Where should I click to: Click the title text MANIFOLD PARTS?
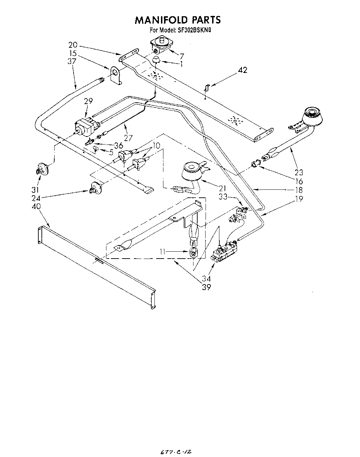coord(177,20)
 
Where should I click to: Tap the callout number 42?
coord(243,70)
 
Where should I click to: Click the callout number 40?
coord(36,206)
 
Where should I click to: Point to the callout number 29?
coord(88,101)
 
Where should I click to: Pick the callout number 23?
coord(299,172)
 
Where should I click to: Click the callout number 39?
coord(206,287)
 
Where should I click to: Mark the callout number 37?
coord(72,61)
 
